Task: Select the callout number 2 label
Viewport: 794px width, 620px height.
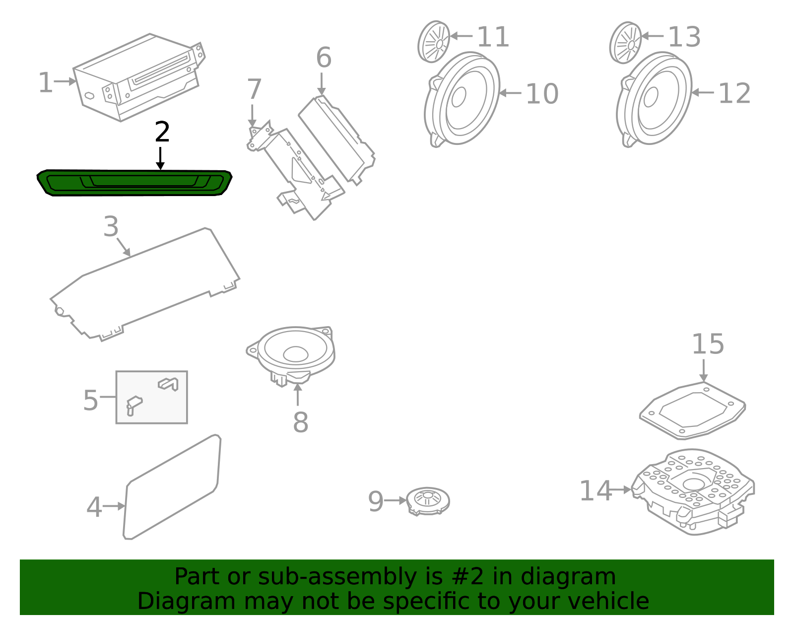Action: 162,132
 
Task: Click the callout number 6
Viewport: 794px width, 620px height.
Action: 324,58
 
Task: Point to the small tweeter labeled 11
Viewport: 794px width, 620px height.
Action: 434,42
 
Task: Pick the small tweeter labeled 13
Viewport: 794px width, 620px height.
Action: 625,43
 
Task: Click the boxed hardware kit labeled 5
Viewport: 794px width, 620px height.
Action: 151,397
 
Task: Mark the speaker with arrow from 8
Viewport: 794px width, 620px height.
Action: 293,352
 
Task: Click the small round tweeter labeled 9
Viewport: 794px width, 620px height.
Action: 428,500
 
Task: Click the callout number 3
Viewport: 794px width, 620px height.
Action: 111,227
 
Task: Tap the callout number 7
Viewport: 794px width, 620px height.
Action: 254,89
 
